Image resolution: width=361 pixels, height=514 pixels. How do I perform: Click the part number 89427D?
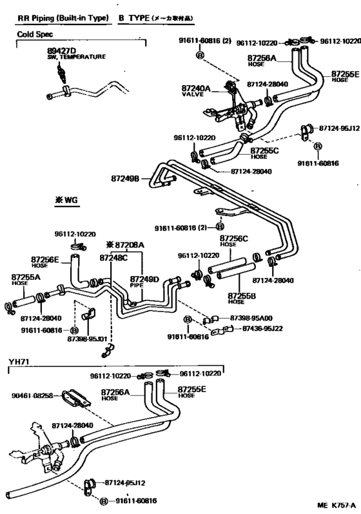click(61, 50)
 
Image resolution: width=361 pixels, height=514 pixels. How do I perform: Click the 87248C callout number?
click(113, 257)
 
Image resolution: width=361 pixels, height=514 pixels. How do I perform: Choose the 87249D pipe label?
click(146, 279)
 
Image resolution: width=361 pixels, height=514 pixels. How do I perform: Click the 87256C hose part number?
click(235, 238)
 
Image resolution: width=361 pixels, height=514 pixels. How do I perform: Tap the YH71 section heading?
click(18, 362)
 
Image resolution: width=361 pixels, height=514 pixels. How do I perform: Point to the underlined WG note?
click(66, 201)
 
